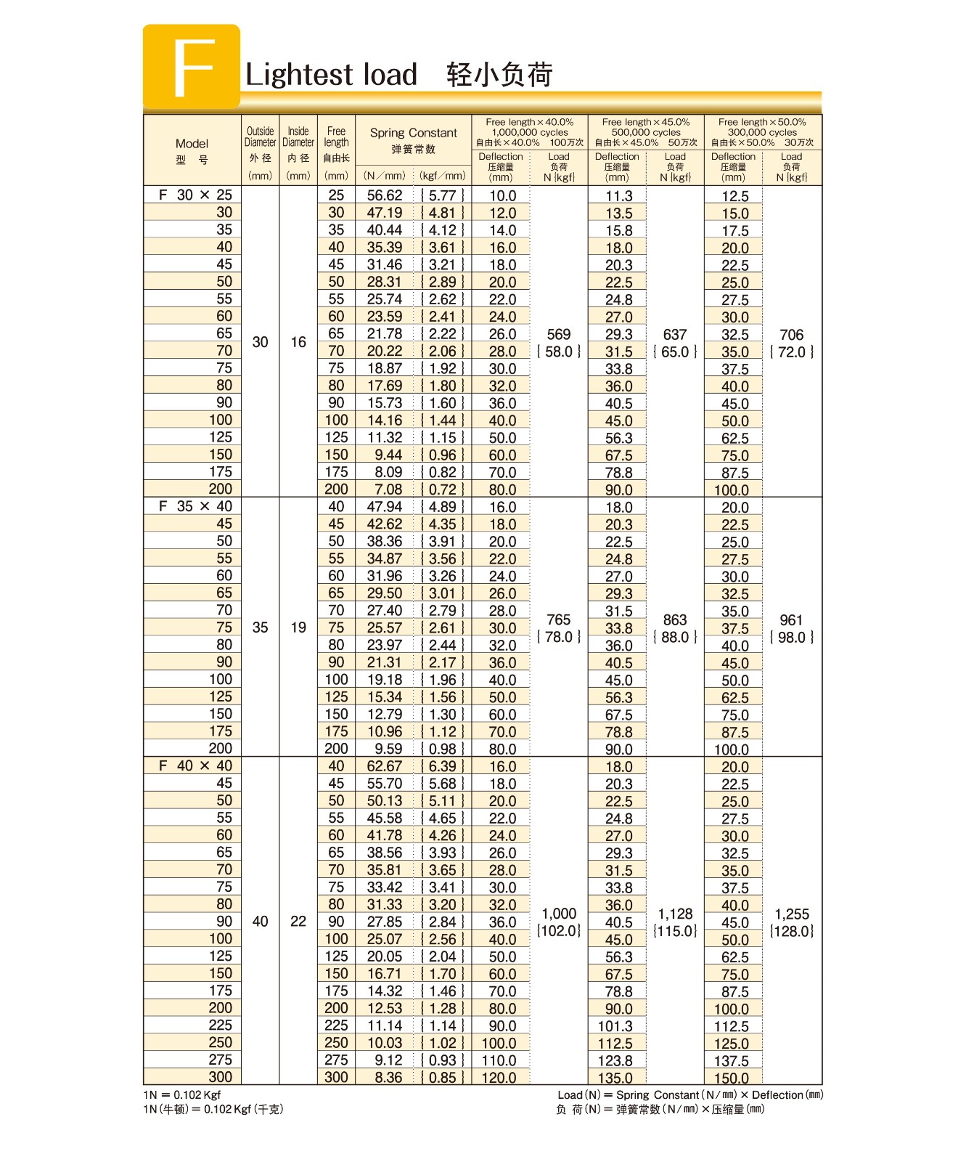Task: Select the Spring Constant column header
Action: [x=413, y=133]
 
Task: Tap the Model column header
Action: [x=192, y=144]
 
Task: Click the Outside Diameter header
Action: [x=260, y=137]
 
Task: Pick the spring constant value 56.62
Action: [x=384, y=195]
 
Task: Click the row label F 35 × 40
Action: [x=195, y=506]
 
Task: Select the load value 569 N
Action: [x=558, y=335]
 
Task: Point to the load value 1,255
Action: [x=791, y=914]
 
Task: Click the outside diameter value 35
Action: [x=260, y=627]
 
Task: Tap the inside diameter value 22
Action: [x=298, y=922]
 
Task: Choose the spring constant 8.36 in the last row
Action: [x=388, y=1078]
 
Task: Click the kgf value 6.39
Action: [x=442, y=766]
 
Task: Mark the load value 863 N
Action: [x=674, y=620]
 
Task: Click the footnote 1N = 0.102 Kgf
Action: [x=182, y=1095]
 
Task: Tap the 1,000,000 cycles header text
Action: [x=530, y=132]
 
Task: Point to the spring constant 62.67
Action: [x=384, y=766]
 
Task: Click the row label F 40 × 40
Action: [x=195, y=766]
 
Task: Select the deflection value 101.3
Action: [x=615, y=1026]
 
